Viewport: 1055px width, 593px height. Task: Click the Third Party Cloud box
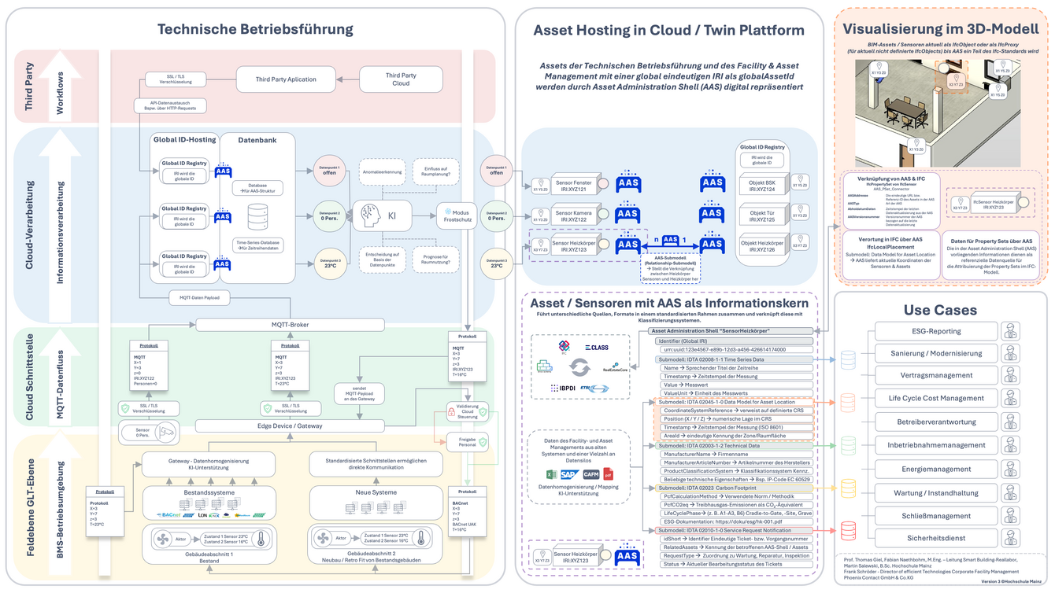click(x=401, y=79)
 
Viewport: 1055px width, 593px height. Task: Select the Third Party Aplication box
click(x=286, y=79)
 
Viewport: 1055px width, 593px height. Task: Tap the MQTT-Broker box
click(x=290, y=324)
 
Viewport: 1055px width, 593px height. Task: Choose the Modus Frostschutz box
click(x=457, y=215)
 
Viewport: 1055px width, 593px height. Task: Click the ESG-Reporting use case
click(x=935, y=331)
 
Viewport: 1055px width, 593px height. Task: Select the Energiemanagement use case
click(x=935, y=469)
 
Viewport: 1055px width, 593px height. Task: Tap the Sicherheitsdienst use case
click(x=935, y=539)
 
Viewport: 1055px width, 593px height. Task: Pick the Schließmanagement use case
click(x=935, y=516)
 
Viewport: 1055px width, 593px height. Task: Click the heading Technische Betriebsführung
click(x=255, y=30)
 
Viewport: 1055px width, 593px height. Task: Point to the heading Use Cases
click(x=940, y=310)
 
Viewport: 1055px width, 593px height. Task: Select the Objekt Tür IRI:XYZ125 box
click(x=761, y=216)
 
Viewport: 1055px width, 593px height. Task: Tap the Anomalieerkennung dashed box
click(x=383, y=171)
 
